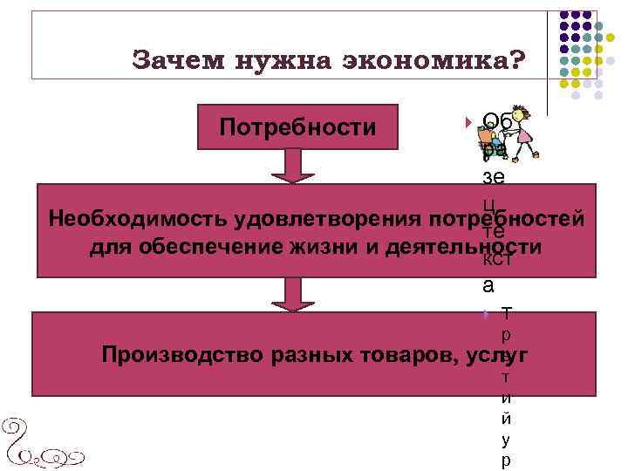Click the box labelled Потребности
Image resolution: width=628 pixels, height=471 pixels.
(298, 127)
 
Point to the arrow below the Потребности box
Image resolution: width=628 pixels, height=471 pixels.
(298, 166)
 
